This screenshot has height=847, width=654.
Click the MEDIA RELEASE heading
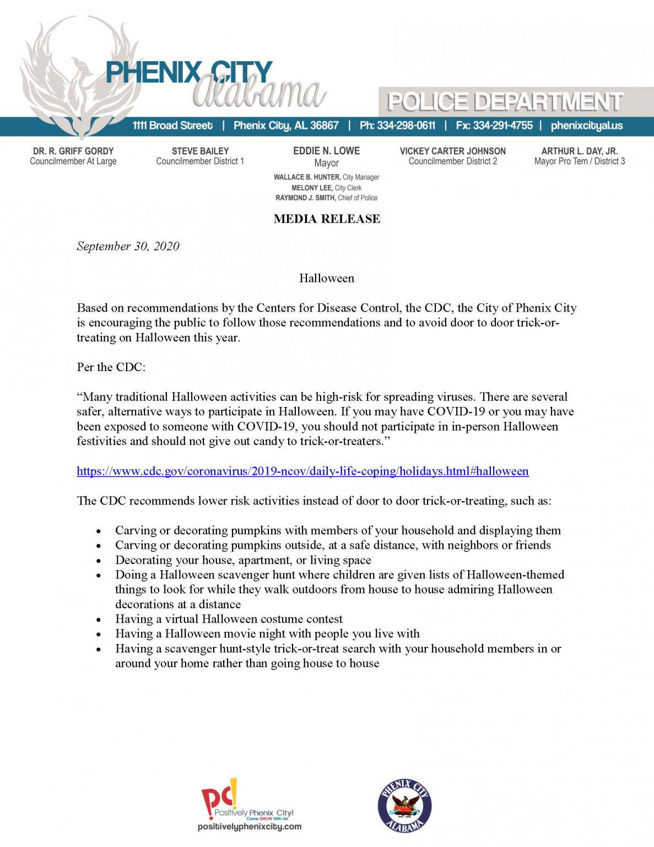point(327,219)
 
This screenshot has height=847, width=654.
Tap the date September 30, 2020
point(128,246)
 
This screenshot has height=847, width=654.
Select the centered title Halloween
point(327,278)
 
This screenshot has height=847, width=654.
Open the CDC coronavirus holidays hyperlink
point(302,471)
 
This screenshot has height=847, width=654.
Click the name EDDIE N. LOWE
point(326,151)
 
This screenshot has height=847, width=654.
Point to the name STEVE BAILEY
point(200,151)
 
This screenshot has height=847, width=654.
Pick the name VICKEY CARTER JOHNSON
point(452,151)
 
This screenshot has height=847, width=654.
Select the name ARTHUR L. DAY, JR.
point(579,151)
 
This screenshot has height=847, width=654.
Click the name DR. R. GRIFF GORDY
point(73,151)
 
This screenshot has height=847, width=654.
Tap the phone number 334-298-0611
point(406,126)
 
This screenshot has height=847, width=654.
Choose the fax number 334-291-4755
point(502,126)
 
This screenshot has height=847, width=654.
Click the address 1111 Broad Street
point(172,126)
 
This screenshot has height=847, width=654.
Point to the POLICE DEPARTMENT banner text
point(505,102)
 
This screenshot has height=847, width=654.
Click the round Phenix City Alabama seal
point(404,806)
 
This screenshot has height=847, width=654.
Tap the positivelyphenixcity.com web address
point(250,826)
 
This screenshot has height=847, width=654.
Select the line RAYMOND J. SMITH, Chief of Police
point(326,198)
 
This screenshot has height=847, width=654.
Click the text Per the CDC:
point(111,367)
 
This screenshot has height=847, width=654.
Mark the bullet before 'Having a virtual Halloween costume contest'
point(99,620)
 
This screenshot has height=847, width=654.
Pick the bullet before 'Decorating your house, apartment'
point(99,561)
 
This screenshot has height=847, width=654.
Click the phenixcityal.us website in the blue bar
point(586,126)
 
